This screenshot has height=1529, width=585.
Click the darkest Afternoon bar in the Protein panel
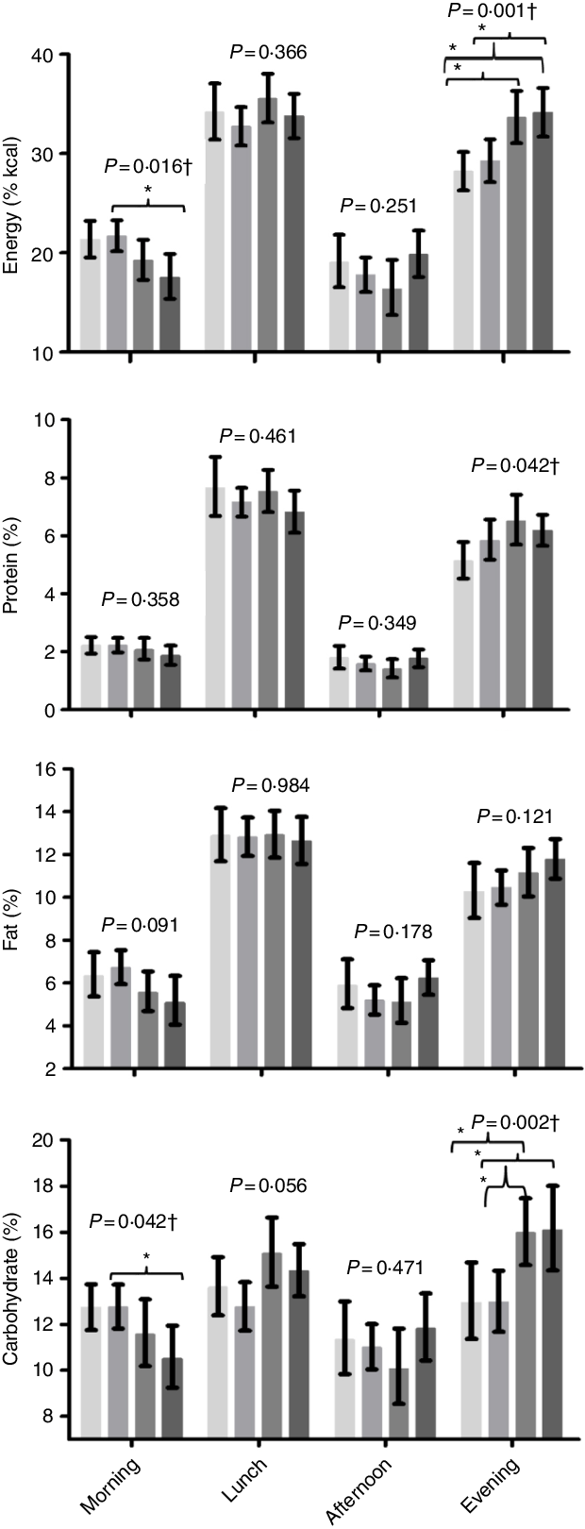click(418, 683)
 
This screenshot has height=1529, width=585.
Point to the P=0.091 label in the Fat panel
click(140, 924)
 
